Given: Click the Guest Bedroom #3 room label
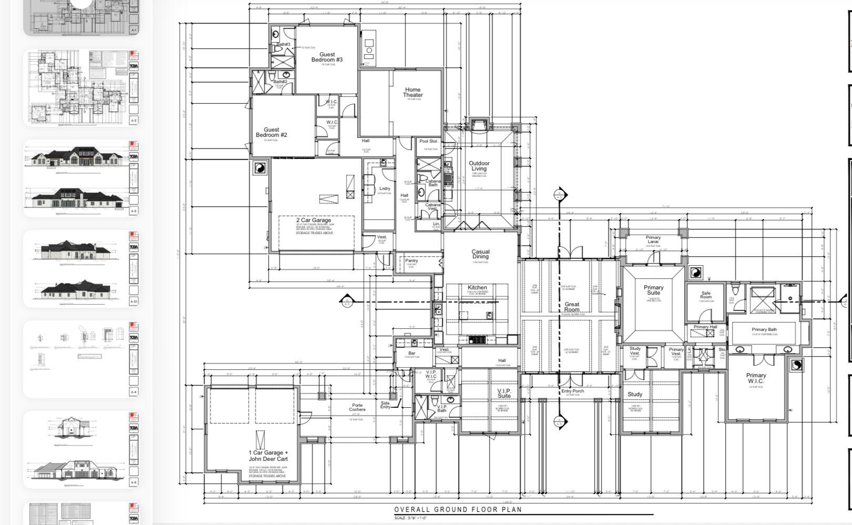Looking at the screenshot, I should pyautogui.click(x=327, y=57).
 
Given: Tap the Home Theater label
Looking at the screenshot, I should pyautogui.click(x=413, y=93).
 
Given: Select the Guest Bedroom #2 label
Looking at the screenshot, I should pyautogui.click(x=271, y=132).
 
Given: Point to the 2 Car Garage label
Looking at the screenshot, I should pyautogui.click(x=313, y=220).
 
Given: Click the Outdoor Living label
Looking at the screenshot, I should pyautogui.click(x=479, y=166).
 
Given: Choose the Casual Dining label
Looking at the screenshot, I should pyautogui.click(x=480, y=254).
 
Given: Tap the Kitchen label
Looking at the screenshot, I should pyautogui.click(x=477, y=288).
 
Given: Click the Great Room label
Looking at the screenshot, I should pyautogui.click(x=572, y=307).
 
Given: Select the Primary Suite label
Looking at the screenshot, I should pyautogui.click(x=653, y=290).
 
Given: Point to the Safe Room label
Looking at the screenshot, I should pyautogui.click(x=706, y=295).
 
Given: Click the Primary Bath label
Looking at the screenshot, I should pyautogui.click(x=764, y=330).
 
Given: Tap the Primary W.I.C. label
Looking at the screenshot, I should pyautogui.click(x=756, y=378).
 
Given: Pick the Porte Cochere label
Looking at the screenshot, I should pyautogui.click(x=357, y=408).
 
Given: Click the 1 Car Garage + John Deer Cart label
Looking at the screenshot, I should pyautogui.click(x=268, y=456).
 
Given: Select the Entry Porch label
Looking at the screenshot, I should pyautogui.click(x=573, y=391).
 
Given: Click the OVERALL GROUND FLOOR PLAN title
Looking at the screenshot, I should pyautogui.click(x=458, y=509).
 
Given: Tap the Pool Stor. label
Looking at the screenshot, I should pyautogui.click(x=429, y=142).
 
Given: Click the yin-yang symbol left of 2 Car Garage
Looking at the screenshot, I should pyautogui.click(x=260, y=168).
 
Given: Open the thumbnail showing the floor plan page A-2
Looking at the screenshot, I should pyautogui.click(x=81, y=88).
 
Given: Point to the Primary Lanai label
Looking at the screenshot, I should pyautogui.click(x=653, y=240).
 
